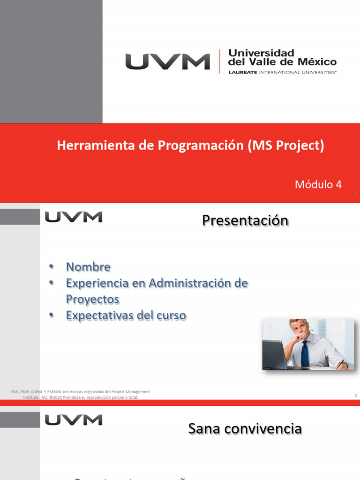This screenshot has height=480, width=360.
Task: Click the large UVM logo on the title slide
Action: click(x=167, y=62)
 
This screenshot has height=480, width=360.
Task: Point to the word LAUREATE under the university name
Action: click(x=242, y=73)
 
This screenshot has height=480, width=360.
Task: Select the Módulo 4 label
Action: click(x=318, y=185)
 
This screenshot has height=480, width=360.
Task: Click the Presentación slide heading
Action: click(x=245, y=220)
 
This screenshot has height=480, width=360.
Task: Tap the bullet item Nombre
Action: click(x=88, y=267)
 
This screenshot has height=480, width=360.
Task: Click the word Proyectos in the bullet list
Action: click(x=92, y=299)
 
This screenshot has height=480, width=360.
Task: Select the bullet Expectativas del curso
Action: click(x=126, y=315)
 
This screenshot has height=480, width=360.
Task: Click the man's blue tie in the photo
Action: click(x=305, y=354)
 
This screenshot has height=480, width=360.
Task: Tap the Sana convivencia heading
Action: click(x=245, y=428)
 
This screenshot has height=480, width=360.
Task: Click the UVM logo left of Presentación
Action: click(x=73, y=217)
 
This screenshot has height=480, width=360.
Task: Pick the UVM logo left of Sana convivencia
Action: click(x=73, y=420)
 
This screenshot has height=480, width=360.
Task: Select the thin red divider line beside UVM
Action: click(x=219, y=62)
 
